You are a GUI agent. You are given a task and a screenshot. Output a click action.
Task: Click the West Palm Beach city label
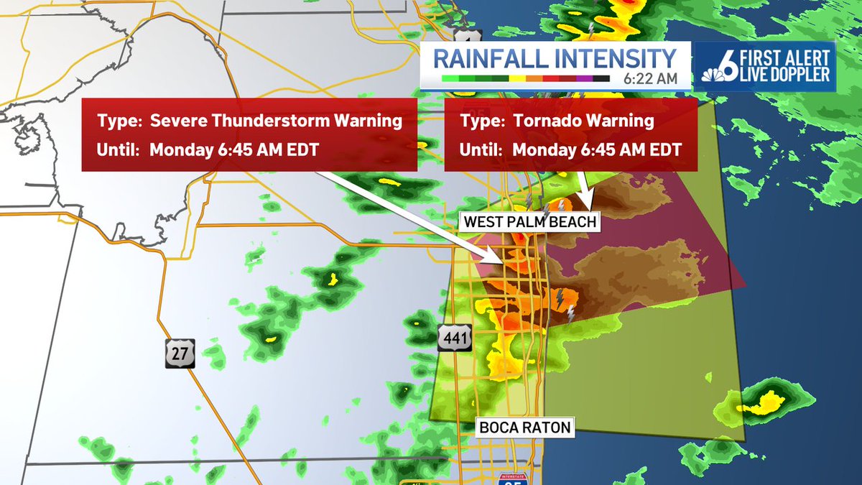530,221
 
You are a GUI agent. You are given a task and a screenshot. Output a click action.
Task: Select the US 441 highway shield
456,337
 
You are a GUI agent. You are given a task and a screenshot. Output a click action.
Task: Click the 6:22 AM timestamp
651,78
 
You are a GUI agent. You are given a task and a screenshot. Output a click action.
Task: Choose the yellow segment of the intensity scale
518,78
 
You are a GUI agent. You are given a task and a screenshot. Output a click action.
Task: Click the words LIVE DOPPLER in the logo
788,74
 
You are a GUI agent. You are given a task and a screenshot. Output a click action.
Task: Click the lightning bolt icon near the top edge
592,29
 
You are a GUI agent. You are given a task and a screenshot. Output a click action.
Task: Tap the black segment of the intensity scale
601,78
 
